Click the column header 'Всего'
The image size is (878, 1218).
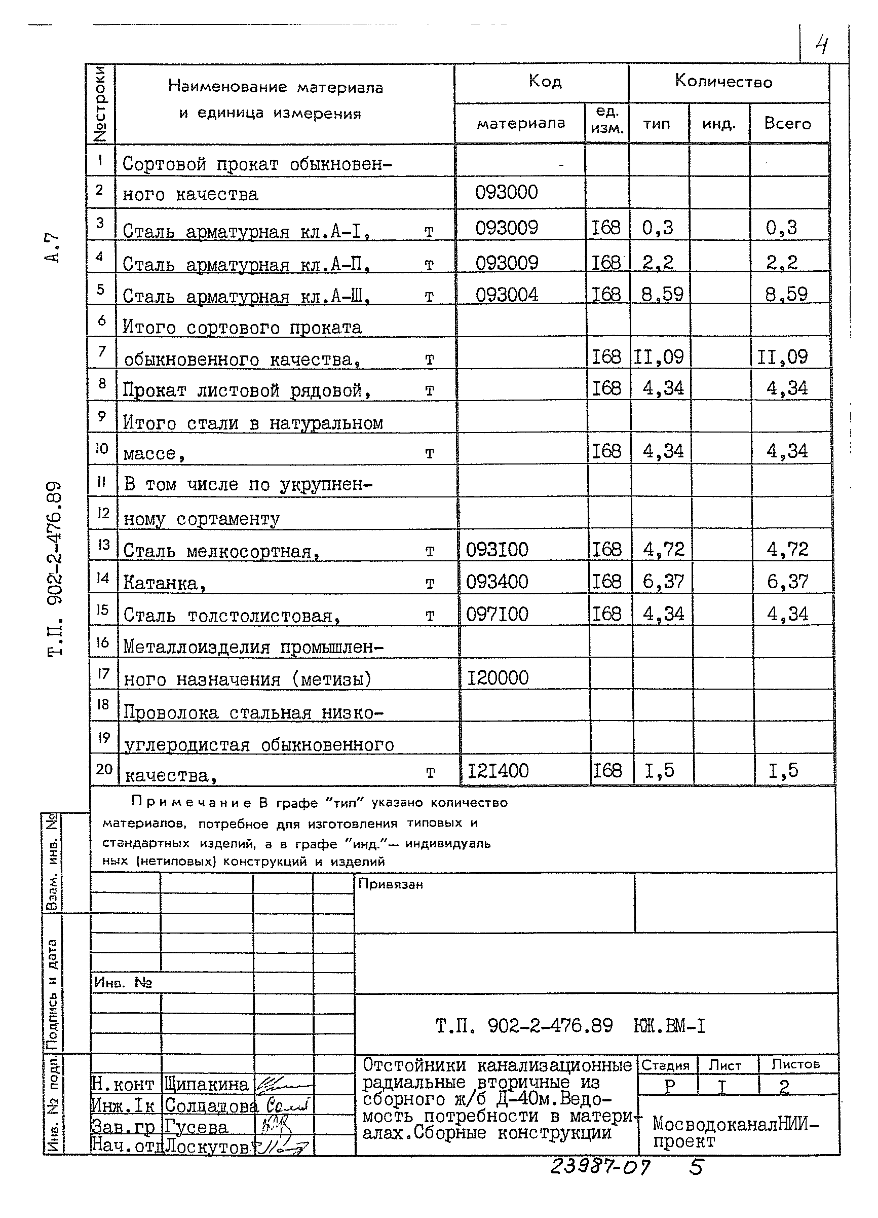[787, 124]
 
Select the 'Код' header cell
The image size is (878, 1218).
[545, 82]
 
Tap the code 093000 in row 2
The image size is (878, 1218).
[506, 192]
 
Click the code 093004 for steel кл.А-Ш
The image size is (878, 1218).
[506, 294]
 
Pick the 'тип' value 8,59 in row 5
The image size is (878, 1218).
[663, 294]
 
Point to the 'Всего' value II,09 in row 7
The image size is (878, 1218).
[782, 357]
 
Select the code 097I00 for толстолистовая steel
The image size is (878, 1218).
[497, 614]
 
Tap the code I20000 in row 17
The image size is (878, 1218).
[498, 678]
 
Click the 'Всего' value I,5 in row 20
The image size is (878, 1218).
[783, 771]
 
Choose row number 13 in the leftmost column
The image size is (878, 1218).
[103, 545]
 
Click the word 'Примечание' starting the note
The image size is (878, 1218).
[190, 803]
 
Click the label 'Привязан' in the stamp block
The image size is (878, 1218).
[390, 884]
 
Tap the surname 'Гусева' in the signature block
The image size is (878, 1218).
[196, 1128]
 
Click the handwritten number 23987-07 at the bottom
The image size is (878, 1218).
[599, 1167]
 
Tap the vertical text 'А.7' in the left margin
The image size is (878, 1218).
[52, 247]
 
